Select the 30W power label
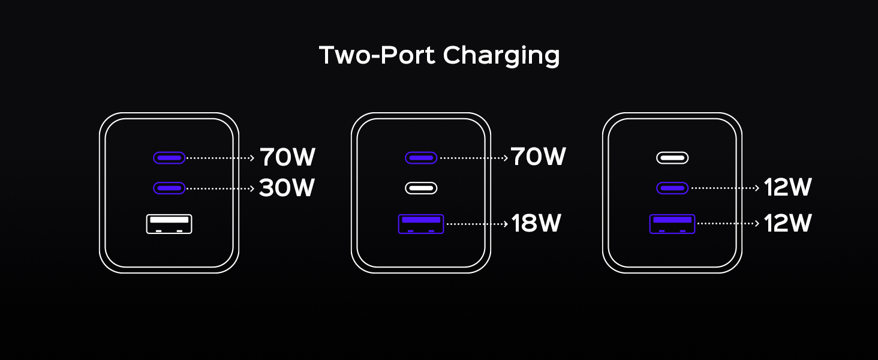click(287, 188)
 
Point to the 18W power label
click(536, 224)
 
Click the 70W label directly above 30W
click(287, 158)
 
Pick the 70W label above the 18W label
click(538, 157)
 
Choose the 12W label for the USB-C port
click(787, 188)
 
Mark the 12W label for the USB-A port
click(787, 224)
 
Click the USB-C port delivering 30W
click(169, 188)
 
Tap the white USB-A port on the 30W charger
click(169, 224)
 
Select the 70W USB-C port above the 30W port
click(169, 158)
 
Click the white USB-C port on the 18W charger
click(421, 188)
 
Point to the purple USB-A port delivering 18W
click(421, 224)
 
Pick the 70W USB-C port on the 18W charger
click(421, 158)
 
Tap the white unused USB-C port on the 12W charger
click(672, 158)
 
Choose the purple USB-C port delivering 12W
click(672, 188)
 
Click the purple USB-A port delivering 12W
click(672, 224)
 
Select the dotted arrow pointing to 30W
click(220, 188)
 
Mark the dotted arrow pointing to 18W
click(477, 224)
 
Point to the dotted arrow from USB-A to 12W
click(728, 224)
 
